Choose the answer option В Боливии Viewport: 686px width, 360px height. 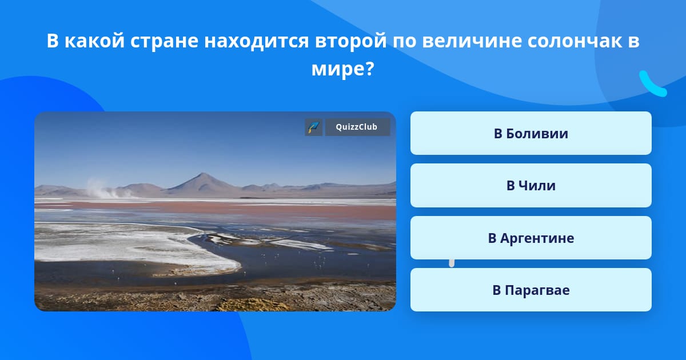tap(531, 133)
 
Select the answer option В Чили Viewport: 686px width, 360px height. tap(531, 186)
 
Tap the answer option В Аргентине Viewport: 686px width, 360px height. tap(531, 238)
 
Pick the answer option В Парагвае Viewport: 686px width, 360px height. tap(531, 290)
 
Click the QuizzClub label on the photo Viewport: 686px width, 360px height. tap(357, 127)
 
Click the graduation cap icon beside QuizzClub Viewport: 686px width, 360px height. tap(313, 127)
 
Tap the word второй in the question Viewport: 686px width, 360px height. tap(350, 41)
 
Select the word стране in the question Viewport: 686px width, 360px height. tap(164, 41)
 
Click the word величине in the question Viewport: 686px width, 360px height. tap(472, 41)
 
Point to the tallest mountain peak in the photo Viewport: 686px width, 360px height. tap(202, 174)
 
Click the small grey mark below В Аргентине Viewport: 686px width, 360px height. tap(452, 263)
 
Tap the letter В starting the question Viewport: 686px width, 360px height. tap(53, 41)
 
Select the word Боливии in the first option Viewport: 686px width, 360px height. tap(537, 134)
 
